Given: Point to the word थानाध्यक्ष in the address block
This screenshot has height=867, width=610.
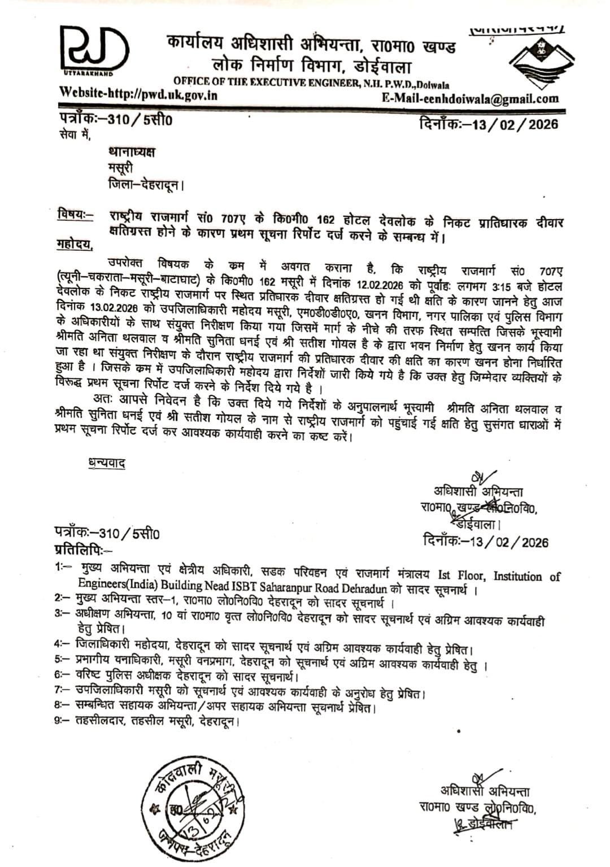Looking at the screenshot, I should click(131, 153).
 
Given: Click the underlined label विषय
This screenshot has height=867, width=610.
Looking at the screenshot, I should click(73, 215).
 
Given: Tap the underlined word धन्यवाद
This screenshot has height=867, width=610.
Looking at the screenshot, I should click(106, 463).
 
